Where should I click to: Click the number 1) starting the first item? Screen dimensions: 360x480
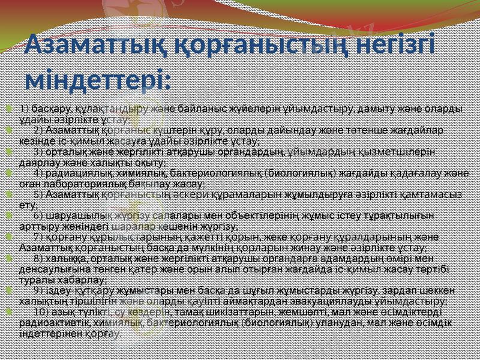25,109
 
